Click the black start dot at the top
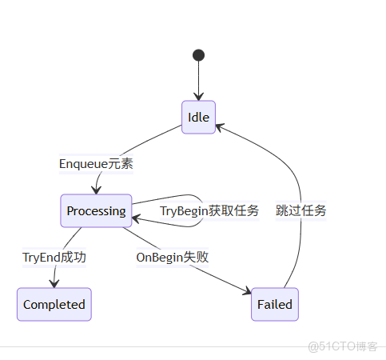(198, 55)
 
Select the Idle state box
(198, 118)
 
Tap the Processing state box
(96, 211)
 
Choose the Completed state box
(54, 304)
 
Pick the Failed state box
(275, 304)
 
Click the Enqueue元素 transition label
(96, 164)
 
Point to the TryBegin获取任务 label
(209, 211)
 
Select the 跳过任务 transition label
(301, 211)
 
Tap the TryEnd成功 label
(54, 258)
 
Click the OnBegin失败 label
(172, 258)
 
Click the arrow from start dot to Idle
(198, 80)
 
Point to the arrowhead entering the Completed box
(55, 283)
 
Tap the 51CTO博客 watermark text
(342, 346)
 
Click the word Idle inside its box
(198, 118)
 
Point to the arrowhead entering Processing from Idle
(96, 190)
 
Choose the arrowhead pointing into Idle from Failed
(219, 125)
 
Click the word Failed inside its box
(275, 304)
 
